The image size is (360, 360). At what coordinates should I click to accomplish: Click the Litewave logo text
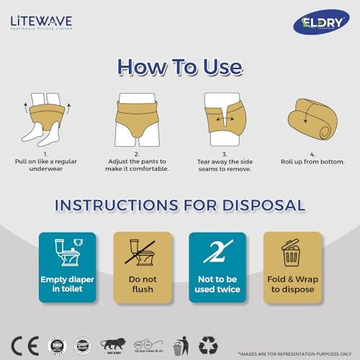pyautogui.click(x=41, y=21)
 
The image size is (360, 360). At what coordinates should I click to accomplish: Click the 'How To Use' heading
pyautogui.click(x=180, y=66)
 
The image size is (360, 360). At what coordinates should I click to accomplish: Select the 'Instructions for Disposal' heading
pyautogui.click(x=180, y=204)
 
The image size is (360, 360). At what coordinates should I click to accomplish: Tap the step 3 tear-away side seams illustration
pyautogui.click(x=225, y=117)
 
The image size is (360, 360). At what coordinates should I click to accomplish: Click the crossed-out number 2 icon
pyautogui.click(x=217, y=252)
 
